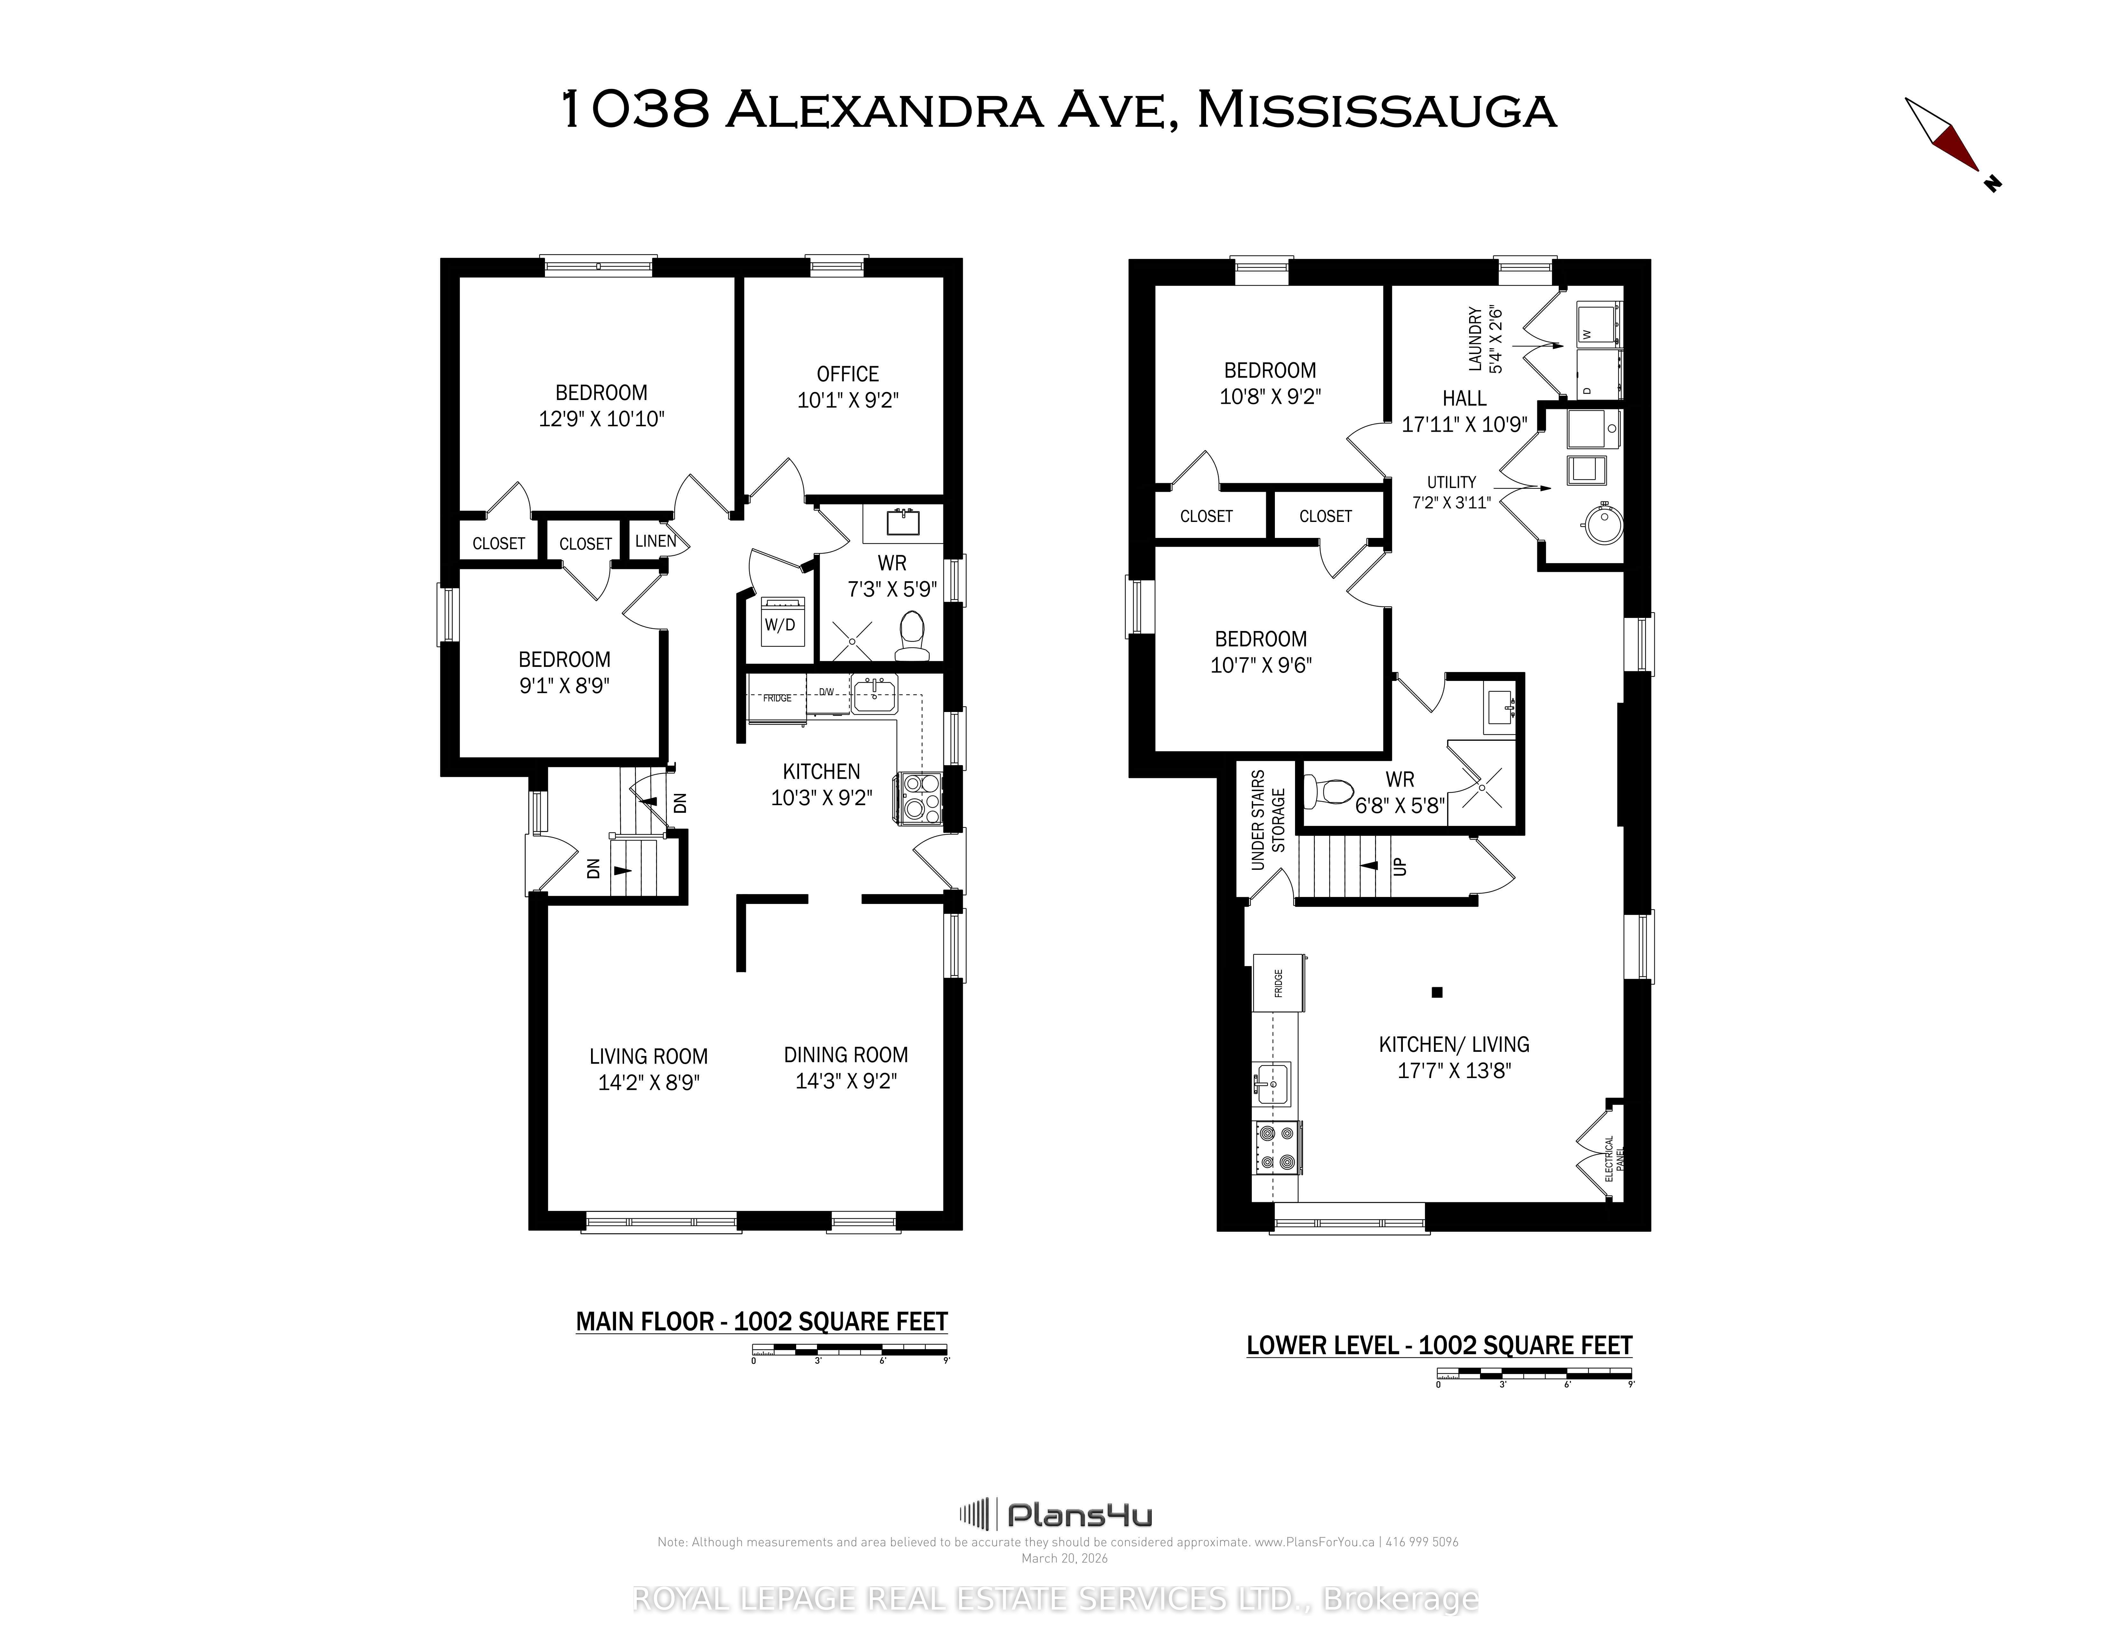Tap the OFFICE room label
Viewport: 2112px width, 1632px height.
coord(847,374)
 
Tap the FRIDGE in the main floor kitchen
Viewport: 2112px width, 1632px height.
coord(777,697)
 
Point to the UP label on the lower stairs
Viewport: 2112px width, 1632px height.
coord(1399,866)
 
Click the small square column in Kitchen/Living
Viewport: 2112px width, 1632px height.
coord(1437,992)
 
